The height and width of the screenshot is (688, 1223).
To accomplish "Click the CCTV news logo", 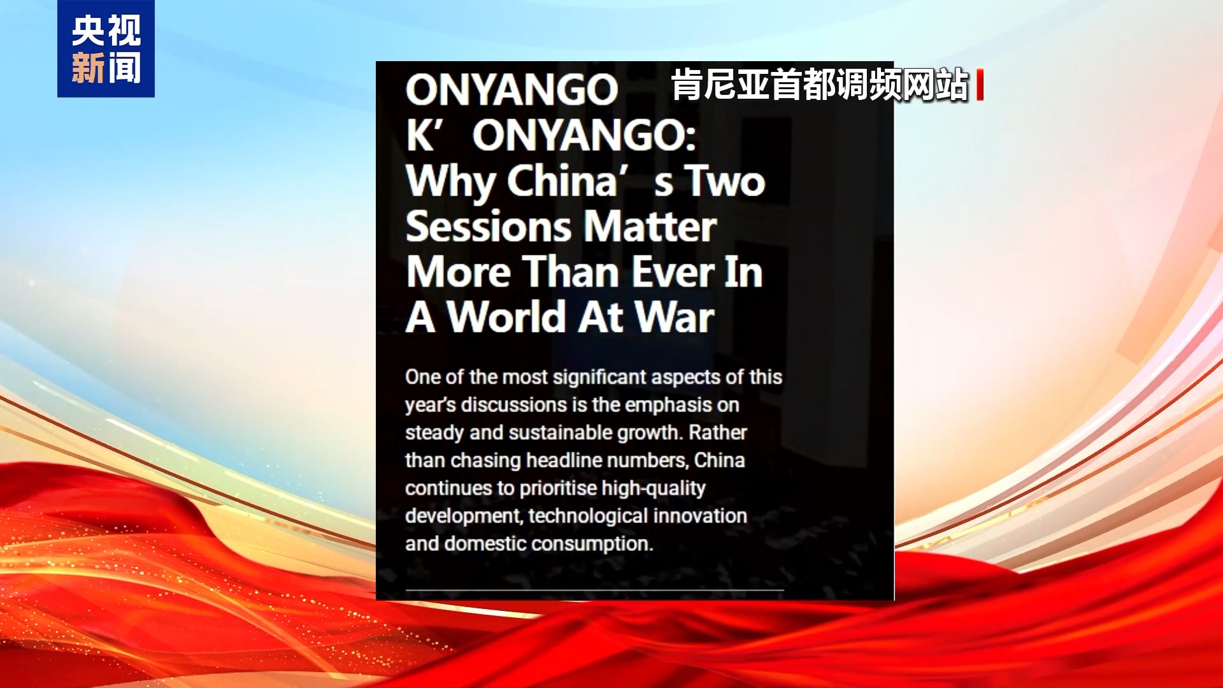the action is [106, 49].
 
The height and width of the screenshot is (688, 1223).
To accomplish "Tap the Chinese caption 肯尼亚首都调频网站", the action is [820, 85].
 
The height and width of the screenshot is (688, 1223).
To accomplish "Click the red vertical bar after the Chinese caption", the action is [980, 85].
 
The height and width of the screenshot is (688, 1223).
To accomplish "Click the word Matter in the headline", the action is [650, 227].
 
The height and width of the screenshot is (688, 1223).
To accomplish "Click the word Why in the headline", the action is [450, 182].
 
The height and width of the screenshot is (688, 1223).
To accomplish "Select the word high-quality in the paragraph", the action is [654, 489].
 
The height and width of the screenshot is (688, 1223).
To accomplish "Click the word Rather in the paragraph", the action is [718, 433].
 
